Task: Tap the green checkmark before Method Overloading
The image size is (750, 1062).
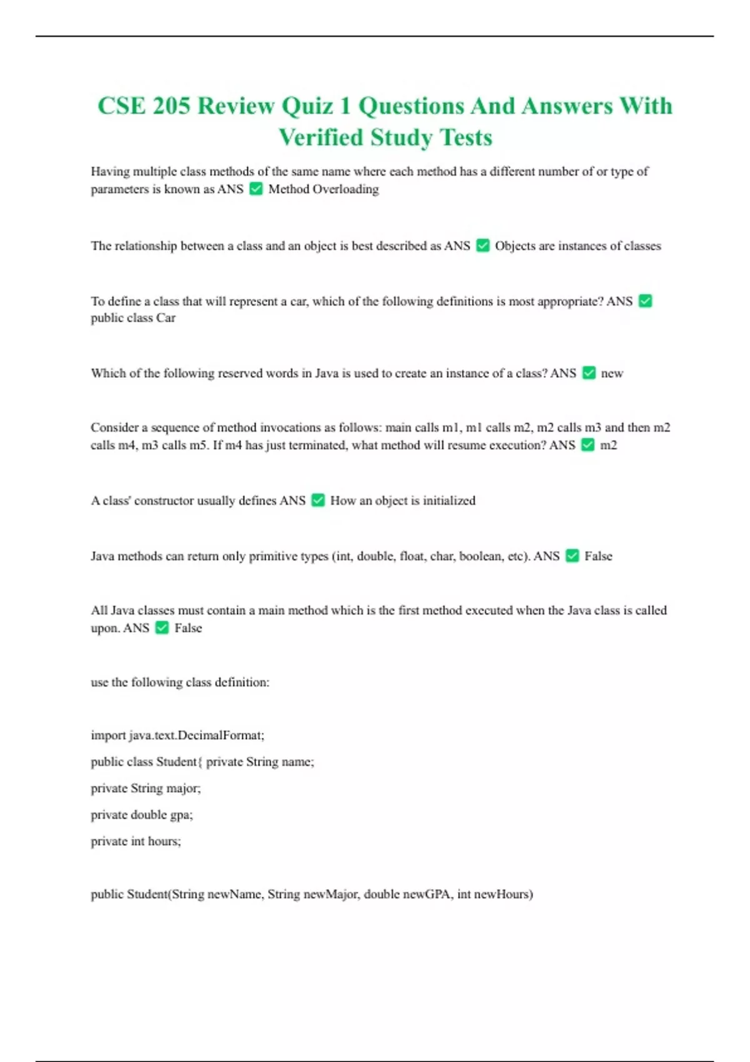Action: (x=256, y=189)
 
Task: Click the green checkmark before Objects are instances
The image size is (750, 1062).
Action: (x=482, y=246)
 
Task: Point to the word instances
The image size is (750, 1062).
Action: (x=582, y=246)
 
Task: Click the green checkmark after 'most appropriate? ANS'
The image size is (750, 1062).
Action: (x=646, y=301)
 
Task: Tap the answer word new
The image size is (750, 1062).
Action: (x=612, y=374)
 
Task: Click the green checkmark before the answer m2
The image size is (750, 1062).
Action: (x=587, y=445)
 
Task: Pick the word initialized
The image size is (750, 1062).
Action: (x=449, y=501)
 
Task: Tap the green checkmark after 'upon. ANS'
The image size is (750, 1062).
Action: (x=162, y=628)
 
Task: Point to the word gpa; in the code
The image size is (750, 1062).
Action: (x=181, y=815)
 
